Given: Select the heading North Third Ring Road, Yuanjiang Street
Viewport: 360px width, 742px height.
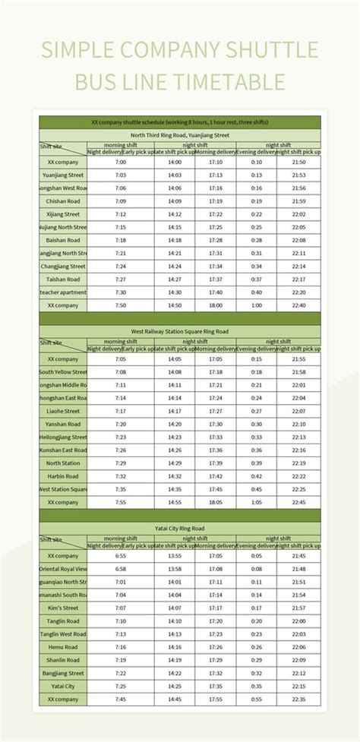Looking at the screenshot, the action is [x=179, y=134].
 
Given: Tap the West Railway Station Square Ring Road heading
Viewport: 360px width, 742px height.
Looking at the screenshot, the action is [x=179, y=331].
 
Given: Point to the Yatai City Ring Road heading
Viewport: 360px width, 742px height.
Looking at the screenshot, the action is [x=179, y=528].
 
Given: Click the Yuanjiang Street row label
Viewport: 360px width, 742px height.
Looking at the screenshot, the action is [x=63, y=175].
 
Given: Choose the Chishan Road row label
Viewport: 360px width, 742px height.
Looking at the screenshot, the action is [x=63, y=201].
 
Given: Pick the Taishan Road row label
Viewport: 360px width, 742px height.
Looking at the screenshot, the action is [x=63, y=279].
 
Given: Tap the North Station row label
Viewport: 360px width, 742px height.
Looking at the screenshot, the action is [x=63, y=463].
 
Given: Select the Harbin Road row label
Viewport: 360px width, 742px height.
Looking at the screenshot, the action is [x=63, y=476].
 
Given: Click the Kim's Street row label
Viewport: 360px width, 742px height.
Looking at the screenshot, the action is [x=63, y=608].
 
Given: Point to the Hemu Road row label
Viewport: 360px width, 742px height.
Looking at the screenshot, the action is [x=63, y=647].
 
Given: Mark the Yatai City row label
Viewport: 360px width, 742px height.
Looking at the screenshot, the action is [x=63, y=686].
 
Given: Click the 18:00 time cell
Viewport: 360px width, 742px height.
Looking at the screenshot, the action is [x=216, y=305].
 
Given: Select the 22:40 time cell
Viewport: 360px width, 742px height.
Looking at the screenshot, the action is [x=298, y=305].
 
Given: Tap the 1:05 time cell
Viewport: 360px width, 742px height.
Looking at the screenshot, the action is [x=256, y=502].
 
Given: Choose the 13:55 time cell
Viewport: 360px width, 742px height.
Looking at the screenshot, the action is [x=175, y=556].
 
